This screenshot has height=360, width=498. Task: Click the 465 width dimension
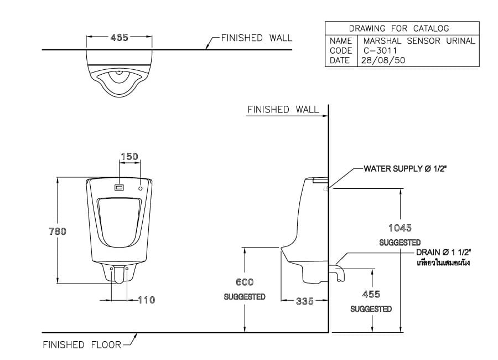click(x=119, y=38)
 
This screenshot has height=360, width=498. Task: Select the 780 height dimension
click(x=58, y=232)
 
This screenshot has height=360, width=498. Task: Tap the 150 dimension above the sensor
click(x=129, y=157)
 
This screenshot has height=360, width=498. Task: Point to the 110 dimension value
click(x=146, y=300)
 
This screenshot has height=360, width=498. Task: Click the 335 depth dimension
click(x=304, y=301)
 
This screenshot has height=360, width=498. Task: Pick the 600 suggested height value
click(x=245, y=282)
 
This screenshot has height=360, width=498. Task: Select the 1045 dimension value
click(x=400, y=228)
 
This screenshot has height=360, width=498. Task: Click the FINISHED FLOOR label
click(x=82, y=345)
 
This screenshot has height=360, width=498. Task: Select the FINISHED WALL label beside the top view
click(x=256, y=38)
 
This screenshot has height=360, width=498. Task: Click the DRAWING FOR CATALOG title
click(x=399, y=28)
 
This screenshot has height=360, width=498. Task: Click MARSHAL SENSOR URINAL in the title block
click(x=419, y=41)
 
